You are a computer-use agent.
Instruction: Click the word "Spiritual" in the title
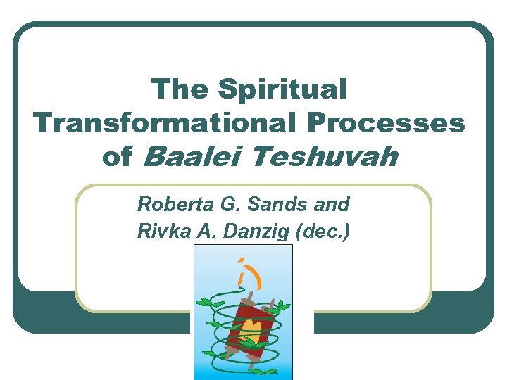tap(282, 90)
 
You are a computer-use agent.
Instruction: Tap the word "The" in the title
tap(180, 90)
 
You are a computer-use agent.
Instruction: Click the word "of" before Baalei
tap(117, 157)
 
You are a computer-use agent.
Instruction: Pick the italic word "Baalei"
tap(185, 157)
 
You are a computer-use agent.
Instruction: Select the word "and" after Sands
tap(333, 205)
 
